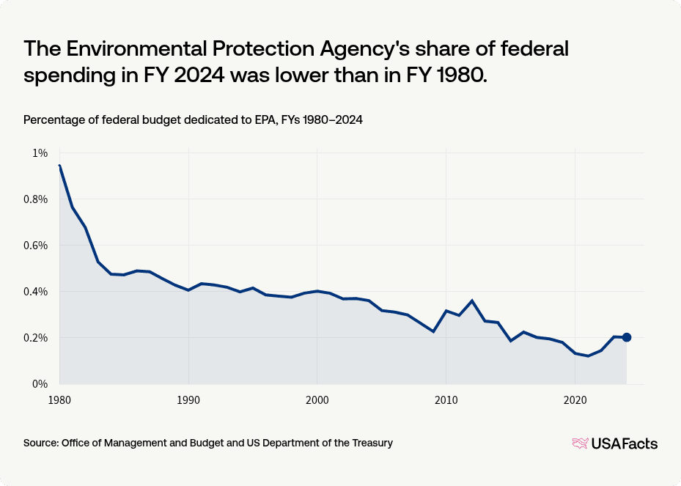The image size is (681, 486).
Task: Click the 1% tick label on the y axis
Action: (39, 153)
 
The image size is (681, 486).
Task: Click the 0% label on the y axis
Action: (39, 384)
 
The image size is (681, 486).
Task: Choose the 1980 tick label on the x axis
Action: (59, 401)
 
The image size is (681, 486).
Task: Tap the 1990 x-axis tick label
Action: (188, 401)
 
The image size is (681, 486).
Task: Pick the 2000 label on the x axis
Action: (317, 401)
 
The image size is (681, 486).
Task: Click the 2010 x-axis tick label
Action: (446, 401)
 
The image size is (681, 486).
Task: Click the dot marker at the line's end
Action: (626, 337)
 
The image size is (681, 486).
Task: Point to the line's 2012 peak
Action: (471, 301)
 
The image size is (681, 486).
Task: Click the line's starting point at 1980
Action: (59, 166)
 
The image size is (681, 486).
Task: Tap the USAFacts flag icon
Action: (581, 443)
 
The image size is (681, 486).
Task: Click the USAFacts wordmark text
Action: (625, 443)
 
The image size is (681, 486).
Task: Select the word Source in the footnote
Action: (41, 443)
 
